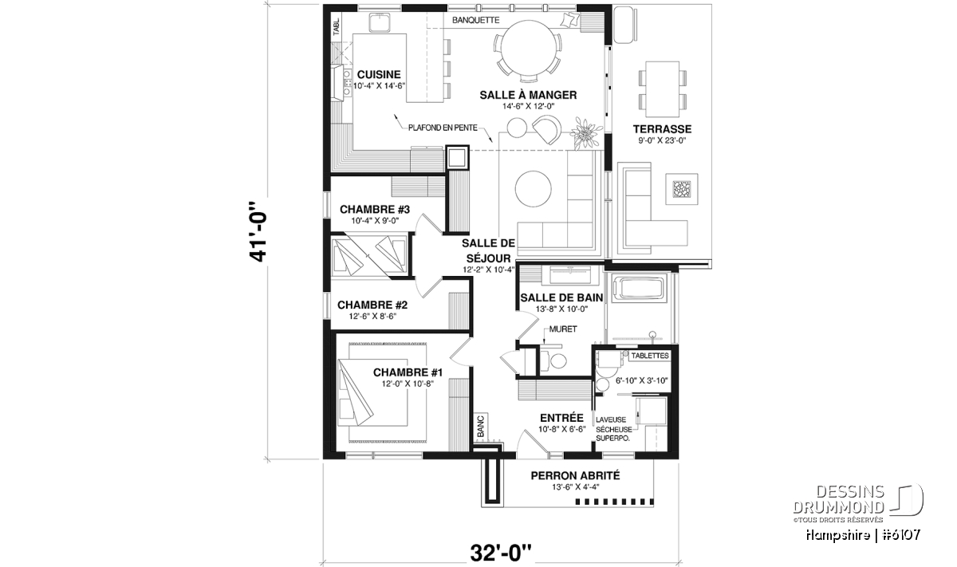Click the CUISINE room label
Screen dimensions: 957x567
coord(379,74)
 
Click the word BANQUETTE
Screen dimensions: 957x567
coord(475,20)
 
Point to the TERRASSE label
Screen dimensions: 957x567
coord(662,129)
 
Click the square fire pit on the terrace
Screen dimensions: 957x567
coord(682,189)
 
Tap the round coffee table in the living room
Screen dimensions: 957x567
coord(533,189)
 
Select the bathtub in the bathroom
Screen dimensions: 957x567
coord(640,288)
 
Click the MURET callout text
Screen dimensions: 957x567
coord(563,329)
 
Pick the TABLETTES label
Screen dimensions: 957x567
coord(650,356)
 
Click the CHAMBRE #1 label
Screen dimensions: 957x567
coord(408,372)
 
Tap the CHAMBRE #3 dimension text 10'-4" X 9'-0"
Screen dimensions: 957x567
coord(375,221)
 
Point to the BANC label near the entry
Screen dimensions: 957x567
coord(481,426)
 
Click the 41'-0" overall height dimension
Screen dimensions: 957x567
coord(258,231)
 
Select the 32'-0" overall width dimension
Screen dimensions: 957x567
coord(501,553)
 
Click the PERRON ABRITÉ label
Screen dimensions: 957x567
coord(575,475)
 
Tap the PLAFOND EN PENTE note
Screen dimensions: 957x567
coord(443,128)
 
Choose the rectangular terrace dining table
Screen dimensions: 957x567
coord(662,89)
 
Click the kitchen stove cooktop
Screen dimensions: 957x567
coord(346,84)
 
